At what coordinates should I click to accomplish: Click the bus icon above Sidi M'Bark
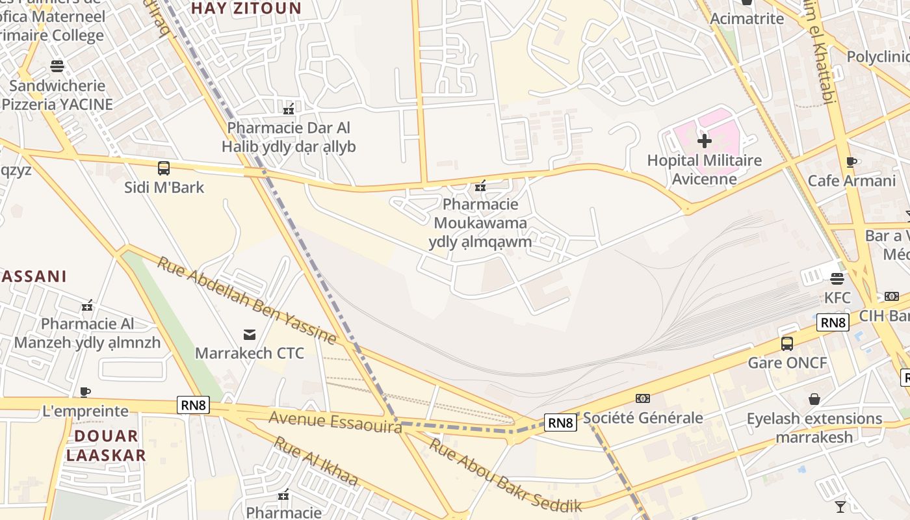(x=164, y=168)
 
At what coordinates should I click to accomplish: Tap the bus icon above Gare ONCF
(x=787, y=343)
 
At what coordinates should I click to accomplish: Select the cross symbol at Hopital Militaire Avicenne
(x=704, y=140)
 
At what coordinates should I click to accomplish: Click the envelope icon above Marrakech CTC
(x=250, y=335)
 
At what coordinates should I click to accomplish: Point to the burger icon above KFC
(x=837, y=279)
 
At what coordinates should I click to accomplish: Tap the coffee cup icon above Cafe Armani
(x=851, y=162)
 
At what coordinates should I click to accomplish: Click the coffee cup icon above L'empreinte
(x=85, y=392)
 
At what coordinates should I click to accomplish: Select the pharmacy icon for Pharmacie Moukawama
(x=480, y=187)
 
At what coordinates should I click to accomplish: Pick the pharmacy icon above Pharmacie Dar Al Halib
(x=289, y=109)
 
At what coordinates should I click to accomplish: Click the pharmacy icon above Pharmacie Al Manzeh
(x=87, y=305)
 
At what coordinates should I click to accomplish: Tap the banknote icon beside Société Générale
(x=642, y=398)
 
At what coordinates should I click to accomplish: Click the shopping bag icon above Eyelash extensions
(x=814, y=399)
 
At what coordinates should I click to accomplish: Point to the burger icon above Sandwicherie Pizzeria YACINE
(x=57, y=66)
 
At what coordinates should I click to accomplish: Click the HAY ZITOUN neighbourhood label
(x=246, y=8)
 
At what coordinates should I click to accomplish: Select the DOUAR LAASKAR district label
(x=106, y=445)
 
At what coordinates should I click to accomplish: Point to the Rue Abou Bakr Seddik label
(x=505, y=476)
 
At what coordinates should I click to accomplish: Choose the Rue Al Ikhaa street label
(x=316, y=460)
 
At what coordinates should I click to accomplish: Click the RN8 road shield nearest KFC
(x=833, y=322)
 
